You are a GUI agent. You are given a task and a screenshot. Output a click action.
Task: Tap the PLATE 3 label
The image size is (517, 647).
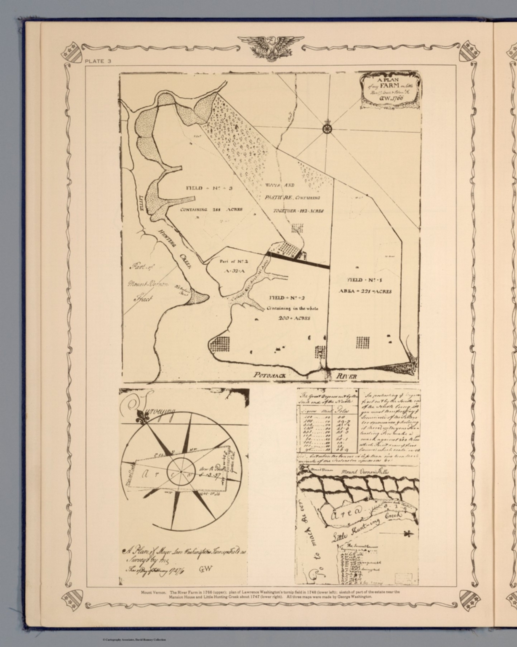[98, 61]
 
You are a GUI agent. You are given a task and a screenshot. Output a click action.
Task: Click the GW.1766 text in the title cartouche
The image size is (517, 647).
[391, 98]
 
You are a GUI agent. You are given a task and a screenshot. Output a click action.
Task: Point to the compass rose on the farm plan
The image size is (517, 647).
[327, 128]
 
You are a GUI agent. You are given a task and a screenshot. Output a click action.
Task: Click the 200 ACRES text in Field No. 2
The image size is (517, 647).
[294, 318]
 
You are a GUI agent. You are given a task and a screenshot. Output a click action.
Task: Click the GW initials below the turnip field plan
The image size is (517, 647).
[207, 569]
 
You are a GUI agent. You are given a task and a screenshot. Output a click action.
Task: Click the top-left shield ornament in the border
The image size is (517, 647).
[71, 51]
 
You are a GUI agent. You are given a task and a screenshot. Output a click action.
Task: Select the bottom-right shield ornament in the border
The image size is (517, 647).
[469, 598]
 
